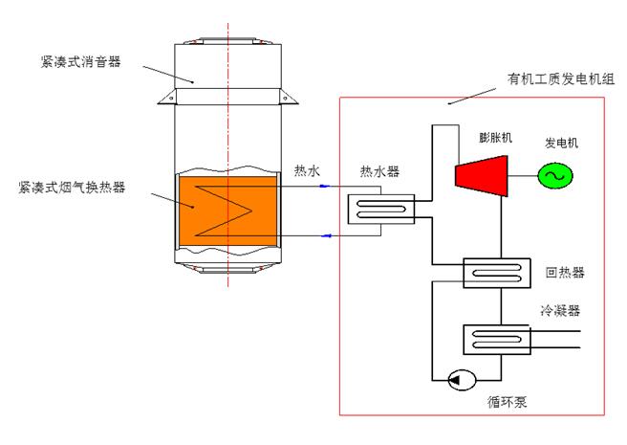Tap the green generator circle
coord(551,175)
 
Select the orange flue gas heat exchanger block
coord(227,207)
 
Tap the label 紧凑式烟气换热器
coord(76,186)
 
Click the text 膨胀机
coord(496,138)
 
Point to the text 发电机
coord(562,143)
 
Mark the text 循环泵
coord(506,403)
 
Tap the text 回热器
coord(564,273)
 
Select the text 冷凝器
coord(561,310)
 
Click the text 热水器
coord(378,172)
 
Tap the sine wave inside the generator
coord(551,175)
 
